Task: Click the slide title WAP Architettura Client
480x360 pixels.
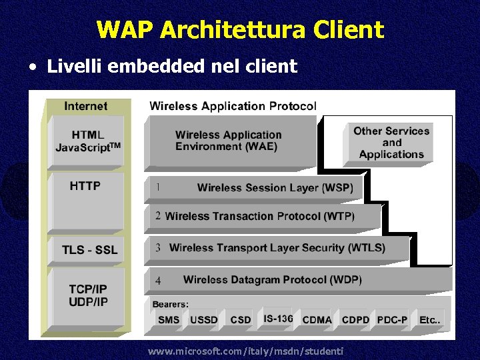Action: [240, 30]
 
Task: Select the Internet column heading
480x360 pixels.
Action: [85, 106]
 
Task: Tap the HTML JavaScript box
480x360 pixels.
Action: [87, 141]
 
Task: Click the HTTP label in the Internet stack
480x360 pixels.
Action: [85, 186]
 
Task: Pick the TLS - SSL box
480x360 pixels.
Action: [89, 250]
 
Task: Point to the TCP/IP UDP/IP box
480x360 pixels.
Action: [87, 295]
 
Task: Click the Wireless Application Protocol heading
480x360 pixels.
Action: [233, 105]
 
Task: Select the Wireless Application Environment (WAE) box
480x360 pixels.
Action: [229, 141]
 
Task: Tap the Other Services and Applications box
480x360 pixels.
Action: [391, 143]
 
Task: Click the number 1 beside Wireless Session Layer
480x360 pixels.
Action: [157, 187]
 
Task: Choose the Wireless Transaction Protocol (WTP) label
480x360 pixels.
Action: [259, 216]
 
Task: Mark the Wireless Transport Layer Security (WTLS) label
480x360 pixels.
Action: [277, 247]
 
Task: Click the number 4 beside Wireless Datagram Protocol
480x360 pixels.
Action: [158, 280]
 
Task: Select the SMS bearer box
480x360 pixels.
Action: [169, 320]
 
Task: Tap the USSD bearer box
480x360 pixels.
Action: [204, 320]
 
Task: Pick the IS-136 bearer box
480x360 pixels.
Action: [277, 319]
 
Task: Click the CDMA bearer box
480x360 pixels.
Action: [317, 320]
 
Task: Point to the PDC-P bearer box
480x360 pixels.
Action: [392, 320]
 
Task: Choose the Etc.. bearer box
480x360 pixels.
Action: [429, 320]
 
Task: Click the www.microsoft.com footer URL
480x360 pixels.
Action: [245, 351]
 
